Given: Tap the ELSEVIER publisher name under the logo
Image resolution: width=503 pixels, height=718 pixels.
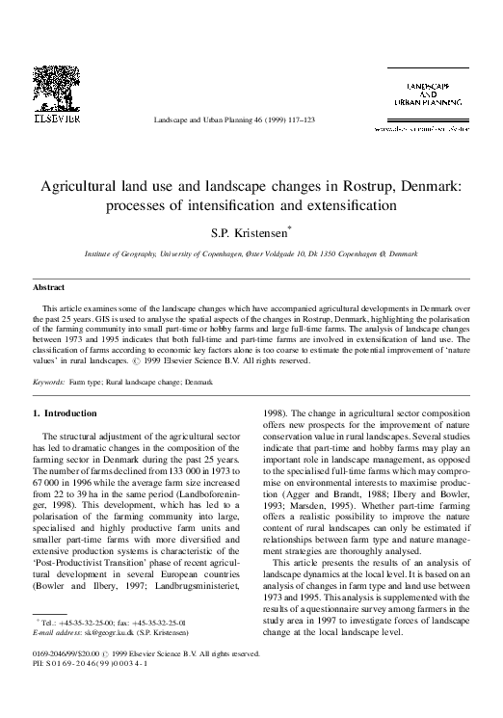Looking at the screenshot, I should pos(60,121).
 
